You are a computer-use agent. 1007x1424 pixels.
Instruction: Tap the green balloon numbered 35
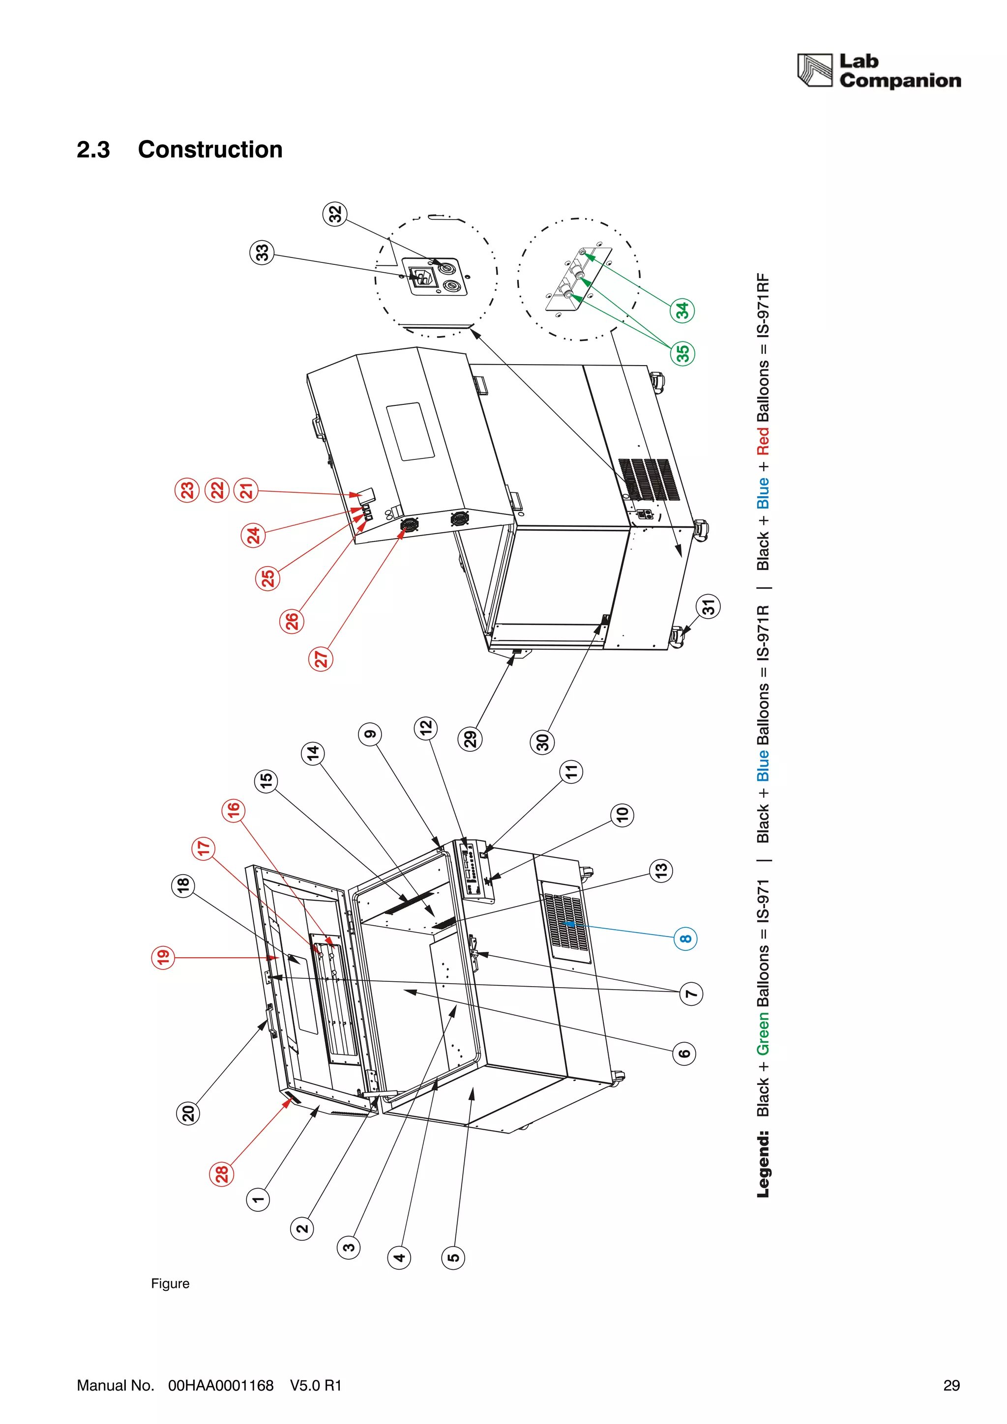pos(682,353)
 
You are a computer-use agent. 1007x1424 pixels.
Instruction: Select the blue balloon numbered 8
pos(685,939)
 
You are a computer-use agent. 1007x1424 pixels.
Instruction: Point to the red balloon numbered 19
pos(163,957)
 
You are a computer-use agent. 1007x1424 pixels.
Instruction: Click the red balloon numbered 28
pos(221,1174)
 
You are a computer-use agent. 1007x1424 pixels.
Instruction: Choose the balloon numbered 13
pos(661,870)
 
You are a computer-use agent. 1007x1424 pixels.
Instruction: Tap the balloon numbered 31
pos(708,606)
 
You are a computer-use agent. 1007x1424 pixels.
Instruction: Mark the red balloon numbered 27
pos(321,658)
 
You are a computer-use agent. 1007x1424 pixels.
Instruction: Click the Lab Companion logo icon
pos(814,70)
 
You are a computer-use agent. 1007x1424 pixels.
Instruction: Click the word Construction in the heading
pos(210,149)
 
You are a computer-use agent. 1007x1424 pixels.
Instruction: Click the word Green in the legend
pos(763,1033)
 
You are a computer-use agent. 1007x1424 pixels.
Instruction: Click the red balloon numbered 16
pos(233,810)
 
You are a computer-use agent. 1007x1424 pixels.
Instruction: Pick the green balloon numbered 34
pos(682,310)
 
